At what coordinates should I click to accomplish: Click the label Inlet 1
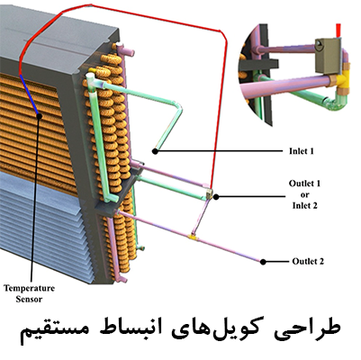click(x=302, y=151)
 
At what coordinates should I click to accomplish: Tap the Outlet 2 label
click(x=308, y=261)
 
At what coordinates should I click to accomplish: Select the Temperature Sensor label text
click(x=29, y=293)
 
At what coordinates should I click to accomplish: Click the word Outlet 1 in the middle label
click(x=304, y=184)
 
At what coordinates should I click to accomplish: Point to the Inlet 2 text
click(x=305, y=205)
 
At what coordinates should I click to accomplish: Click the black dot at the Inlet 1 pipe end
click(x=155, y=151)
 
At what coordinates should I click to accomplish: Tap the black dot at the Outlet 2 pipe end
click(x=263, y=262)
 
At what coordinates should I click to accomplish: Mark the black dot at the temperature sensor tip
click(x=39, y=116)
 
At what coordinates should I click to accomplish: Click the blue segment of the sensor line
click(x=29, y=94)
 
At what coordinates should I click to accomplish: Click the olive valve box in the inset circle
click(x=328, y=56)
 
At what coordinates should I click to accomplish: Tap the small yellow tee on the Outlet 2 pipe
click(x=193, y=237)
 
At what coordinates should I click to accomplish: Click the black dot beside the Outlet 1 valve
click(x=216, y=196)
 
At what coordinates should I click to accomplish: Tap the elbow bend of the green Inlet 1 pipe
click(x=178, y=107)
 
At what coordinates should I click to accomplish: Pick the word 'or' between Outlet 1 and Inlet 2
click(x=304, y=194)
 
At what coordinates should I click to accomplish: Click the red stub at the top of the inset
click(x=338, y=30)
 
